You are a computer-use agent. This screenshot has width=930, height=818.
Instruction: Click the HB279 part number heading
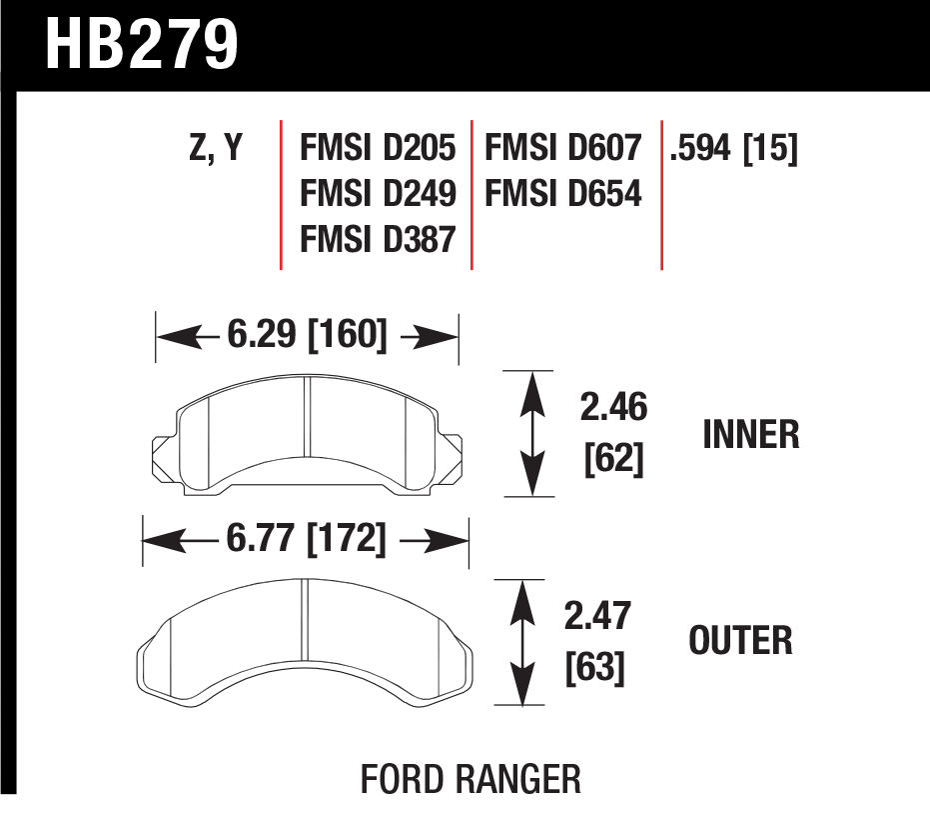click(x=142, y=45)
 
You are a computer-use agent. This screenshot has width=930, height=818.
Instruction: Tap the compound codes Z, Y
click(x=216, y=148)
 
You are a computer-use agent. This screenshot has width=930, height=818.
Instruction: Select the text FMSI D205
click(x=378, y=147)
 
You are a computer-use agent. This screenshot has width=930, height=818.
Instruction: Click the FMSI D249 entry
click(x=378, y=193)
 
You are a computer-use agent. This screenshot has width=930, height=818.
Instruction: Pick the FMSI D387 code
click(x=378, y=239)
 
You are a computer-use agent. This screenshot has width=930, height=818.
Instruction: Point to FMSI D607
click(x=562, y=147)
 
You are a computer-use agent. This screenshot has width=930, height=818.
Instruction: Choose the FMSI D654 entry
click(x=562, y=193)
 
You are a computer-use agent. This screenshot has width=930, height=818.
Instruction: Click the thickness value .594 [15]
click(x=733, y=148)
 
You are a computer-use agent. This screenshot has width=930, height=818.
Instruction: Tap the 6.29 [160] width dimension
click(x=307, y=334)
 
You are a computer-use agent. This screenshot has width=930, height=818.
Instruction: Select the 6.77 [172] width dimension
click(x=306, y=538)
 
